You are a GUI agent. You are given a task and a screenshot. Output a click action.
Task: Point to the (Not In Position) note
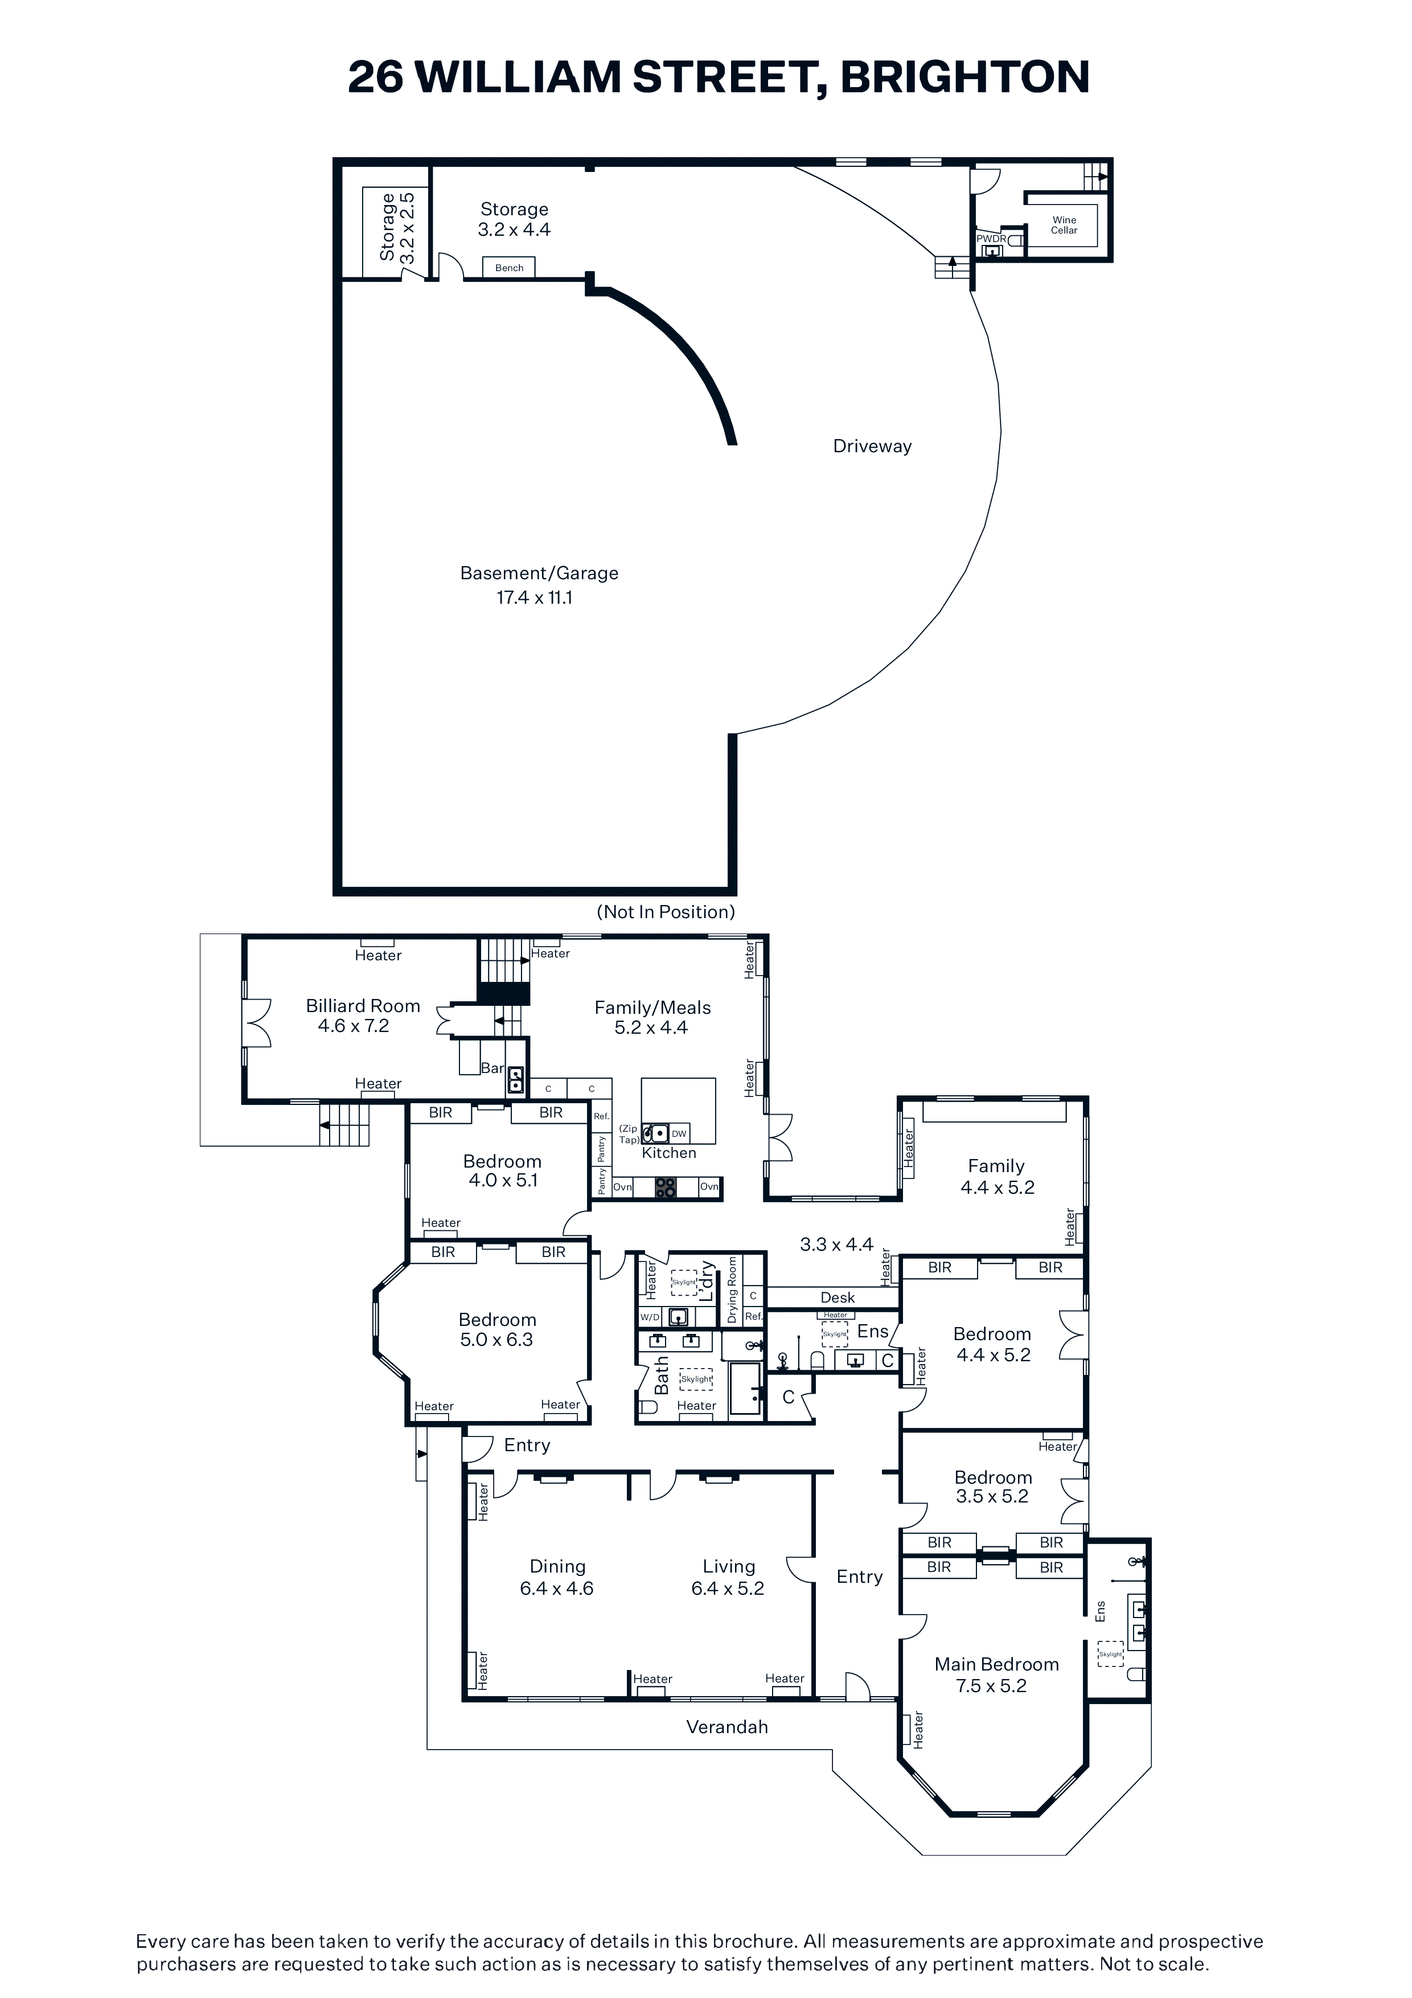[x=666, y=912]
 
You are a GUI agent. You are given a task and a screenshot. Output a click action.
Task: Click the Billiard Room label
[x=363, y=1006]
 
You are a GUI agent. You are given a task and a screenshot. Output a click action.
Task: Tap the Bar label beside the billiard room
[x=492, y=1068]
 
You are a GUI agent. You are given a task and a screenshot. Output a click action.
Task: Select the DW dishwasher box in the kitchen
[x=679, y=1133]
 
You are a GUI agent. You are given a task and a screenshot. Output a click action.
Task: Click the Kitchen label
[x=669, y=1153]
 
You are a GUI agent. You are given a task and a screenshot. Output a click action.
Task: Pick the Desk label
[x=838, y=1297]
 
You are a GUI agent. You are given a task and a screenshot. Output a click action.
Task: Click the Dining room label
[x=557, y=1566]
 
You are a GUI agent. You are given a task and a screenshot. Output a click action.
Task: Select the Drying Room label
[x=732, y=1289]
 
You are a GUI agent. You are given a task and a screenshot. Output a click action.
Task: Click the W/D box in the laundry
[x=650, y=1317]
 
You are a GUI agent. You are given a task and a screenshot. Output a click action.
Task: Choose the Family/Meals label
[x=652, y=1008]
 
